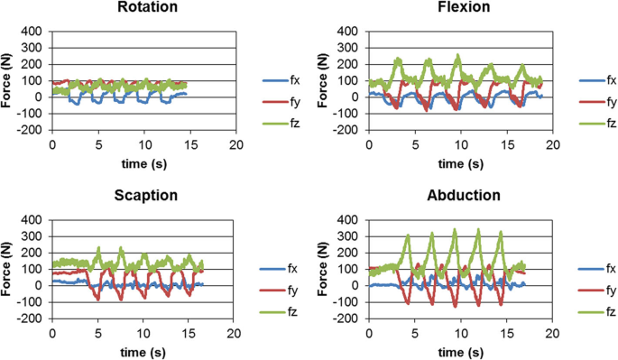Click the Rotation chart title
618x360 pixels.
pos(143,9)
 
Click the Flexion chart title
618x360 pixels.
pos(459,9)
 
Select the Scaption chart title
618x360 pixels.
pos(143,197)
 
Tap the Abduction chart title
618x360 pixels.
pos(459,197)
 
